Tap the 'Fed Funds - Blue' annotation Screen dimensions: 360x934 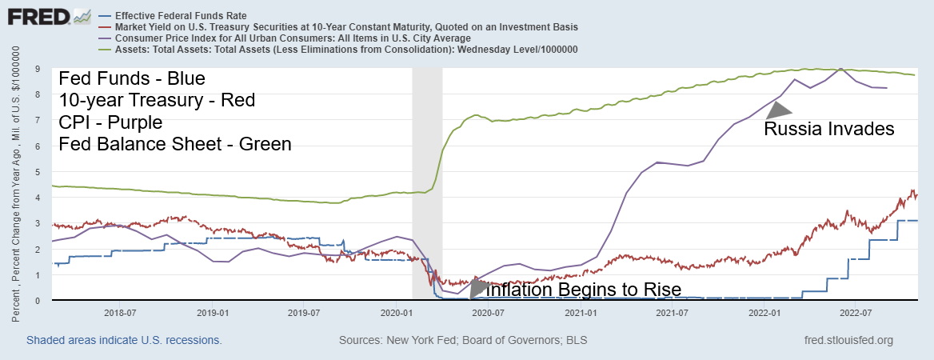(132, 79)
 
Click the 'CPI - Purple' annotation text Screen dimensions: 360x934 (110, 122)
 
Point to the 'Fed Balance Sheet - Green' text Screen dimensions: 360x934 (175, 144)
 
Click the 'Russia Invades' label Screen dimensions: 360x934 (828, 129)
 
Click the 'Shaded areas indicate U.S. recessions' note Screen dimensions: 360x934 (124, 341)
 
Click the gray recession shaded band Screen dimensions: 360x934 (427, 184)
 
